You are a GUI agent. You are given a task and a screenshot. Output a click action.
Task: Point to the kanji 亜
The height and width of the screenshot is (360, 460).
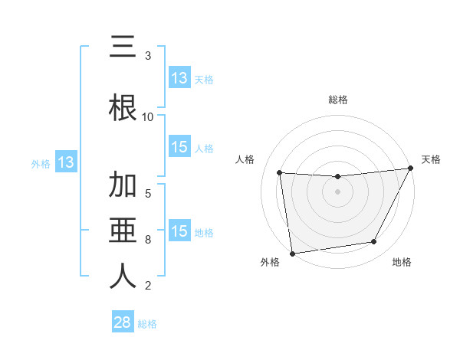[x=123, y=231]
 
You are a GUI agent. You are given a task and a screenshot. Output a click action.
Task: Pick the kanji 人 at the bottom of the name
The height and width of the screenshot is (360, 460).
[x=123, y=277]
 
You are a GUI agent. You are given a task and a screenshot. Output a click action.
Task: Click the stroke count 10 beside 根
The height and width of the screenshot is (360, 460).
[x=148, y=117]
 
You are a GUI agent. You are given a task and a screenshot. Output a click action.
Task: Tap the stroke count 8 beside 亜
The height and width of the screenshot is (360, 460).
[x=148, y=240]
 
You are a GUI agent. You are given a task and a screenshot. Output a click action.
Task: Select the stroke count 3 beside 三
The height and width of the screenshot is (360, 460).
[x=148, y=56]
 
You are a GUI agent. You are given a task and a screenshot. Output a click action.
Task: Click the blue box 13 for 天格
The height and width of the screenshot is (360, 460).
[x=179, y=78]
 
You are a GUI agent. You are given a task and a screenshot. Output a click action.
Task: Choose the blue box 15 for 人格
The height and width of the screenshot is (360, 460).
[x=179, y=148]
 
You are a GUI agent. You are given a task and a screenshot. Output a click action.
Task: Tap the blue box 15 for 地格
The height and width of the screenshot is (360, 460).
[x=179, y=232]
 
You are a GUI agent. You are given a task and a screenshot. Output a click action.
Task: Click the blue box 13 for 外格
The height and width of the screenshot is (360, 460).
[x=65, y=162]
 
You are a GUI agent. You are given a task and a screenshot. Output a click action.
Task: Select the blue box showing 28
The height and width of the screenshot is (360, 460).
[x=123, y=323]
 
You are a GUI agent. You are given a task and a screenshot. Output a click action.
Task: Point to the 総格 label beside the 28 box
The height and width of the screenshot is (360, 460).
[x=147, y=324]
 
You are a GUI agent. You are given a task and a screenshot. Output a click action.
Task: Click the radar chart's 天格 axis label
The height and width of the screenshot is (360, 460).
[x=431, y=159]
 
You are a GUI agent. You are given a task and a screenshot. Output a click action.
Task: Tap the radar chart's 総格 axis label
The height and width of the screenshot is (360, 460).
[x=338, y=100]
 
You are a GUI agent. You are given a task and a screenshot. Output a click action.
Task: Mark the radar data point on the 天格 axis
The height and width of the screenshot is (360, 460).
[x=411, y=169]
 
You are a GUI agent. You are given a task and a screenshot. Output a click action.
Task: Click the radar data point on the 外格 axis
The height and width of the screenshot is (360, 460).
[x=292, y=253]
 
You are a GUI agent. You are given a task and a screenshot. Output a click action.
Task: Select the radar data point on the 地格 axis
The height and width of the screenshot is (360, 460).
[x=374, y=242]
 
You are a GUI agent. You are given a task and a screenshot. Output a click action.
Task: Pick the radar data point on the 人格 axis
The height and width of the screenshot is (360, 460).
[x=280, y=173]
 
